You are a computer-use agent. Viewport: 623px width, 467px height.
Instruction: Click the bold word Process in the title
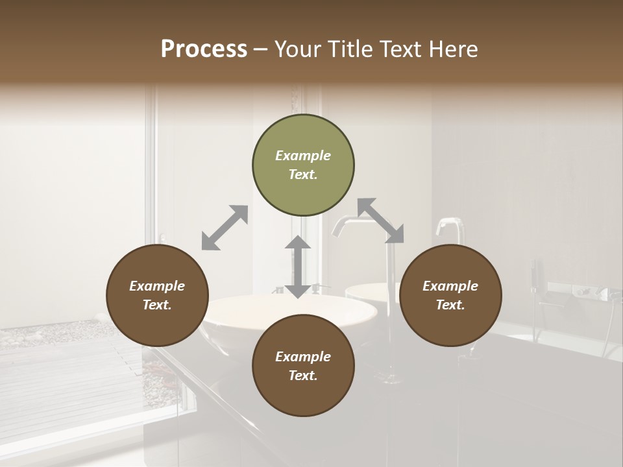pyautogui.click(x=204, y=49)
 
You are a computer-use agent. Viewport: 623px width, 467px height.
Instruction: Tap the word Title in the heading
pyautogui.click(x=347, y=49)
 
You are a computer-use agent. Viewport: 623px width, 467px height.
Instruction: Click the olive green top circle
pyautogui.click(x=303, y=165)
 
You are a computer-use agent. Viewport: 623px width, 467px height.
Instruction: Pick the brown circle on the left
pyautogui.click(x=157, y=295)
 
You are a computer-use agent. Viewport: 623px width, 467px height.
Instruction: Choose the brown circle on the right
pyautogui.click(x=450, y=295)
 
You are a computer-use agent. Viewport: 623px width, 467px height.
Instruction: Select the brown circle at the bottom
pyautogui.click(x=303, y=365)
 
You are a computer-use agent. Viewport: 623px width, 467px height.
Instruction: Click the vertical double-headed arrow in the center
pyautogui.click(x=298, y=267)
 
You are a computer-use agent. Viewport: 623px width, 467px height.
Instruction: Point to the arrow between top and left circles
pyautogui.click(x=225, y=228)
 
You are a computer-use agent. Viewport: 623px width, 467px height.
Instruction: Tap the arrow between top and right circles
pyautogui.click(x=381, y=221)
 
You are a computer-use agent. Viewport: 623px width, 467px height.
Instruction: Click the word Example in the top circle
pyautogui.click(x=303, y=156)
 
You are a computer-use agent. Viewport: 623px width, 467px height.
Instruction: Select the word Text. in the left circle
pyautogui.click(x=157, y=305)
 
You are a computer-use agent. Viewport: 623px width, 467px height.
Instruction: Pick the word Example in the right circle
pyautogui.click(x=450, y=286)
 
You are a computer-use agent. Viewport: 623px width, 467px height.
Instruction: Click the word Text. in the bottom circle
pyautogui.click(x=303, y=376)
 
